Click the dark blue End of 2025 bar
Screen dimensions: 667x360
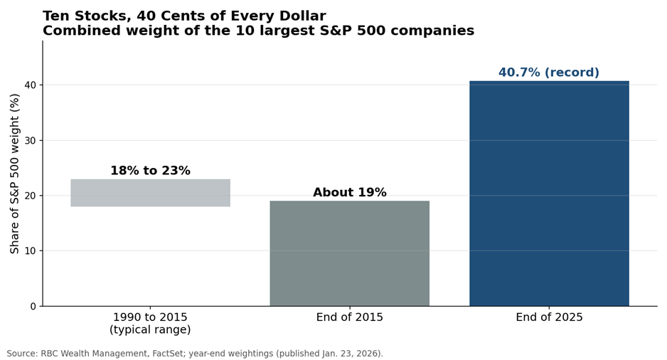click(x=549, y=194)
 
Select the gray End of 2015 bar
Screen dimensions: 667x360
click(x=350, y=253)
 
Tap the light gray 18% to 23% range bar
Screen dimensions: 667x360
click(x=151, y=193)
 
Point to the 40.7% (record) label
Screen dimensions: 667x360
click(x=549, y=73)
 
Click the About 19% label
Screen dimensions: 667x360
click(x=350, y=192)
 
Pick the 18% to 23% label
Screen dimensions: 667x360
click(x=150, y=171)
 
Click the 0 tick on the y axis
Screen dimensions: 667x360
click(x=33, y=307)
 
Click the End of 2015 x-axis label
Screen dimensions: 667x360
click(x=350, y=317)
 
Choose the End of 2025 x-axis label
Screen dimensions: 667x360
click(x=549, y=317)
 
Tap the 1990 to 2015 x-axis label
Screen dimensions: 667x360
click(x=150, y=317)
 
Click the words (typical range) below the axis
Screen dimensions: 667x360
click(x=150, y=330)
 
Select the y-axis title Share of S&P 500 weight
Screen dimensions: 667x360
click(x=14, y=174)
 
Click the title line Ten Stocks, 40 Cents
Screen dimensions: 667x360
click(x=184, y=16)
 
